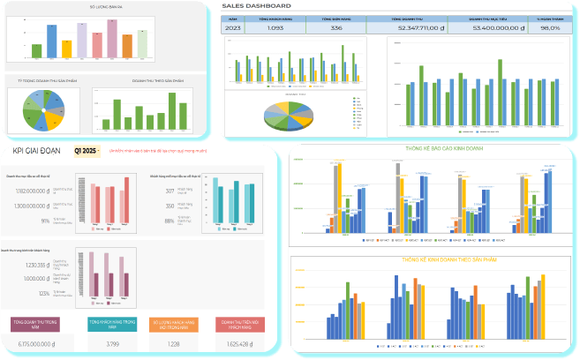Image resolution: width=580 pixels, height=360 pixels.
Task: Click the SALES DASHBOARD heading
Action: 257,6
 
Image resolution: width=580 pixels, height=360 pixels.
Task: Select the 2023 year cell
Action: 234,28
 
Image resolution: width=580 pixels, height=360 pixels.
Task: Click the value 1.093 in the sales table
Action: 275,28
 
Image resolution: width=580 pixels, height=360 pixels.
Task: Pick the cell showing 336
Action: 335,28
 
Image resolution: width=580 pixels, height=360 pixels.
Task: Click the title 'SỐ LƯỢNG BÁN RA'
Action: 105,6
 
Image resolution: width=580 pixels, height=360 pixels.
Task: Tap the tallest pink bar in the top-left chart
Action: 112,36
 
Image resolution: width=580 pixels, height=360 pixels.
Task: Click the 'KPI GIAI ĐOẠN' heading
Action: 37,151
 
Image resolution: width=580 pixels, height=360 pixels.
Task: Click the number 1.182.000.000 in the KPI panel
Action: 32,190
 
